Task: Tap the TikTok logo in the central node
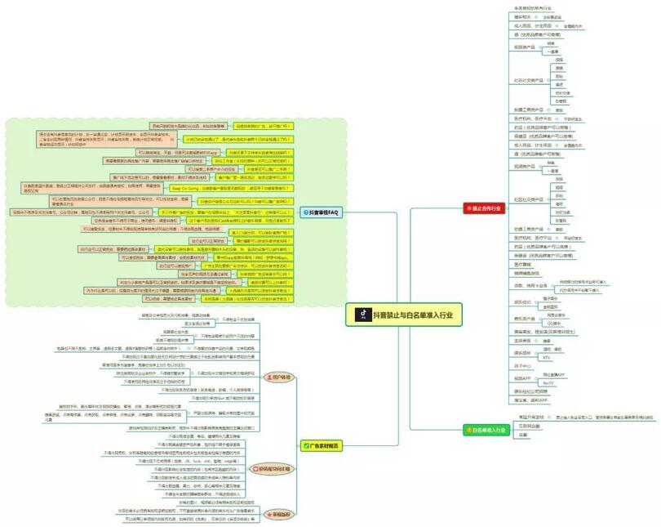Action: (360, 314)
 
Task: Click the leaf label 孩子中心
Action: (523, 367)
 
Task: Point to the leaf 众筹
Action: (522, 434)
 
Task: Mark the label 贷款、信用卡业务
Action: (530, 285)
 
